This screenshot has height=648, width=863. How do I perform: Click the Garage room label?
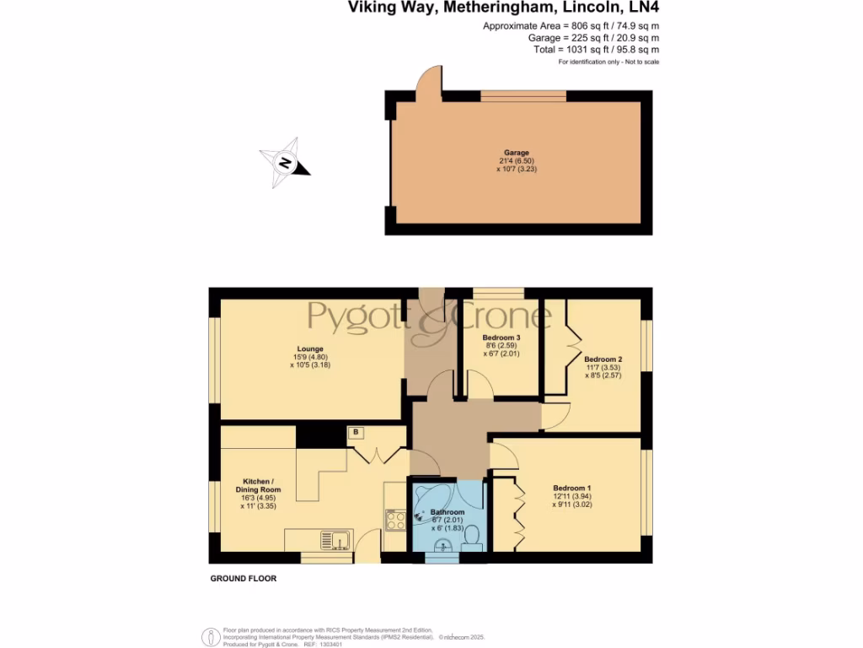click(516, 153)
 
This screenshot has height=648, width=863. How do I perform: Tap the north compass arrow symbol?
click(285, 162)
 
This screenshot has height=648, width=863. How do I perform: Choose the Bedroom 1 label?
click(572, 488)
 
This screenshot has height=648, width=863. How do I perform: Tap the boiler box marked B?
click(356, 432)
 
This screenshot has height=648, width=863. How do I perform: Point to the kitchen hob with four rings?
click(395, 519)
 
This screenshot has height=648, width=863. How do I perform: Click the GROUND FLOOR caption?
click(243, 579)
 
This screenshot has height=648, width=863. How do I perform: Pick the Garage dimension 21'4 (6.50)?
click(516, 161)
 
